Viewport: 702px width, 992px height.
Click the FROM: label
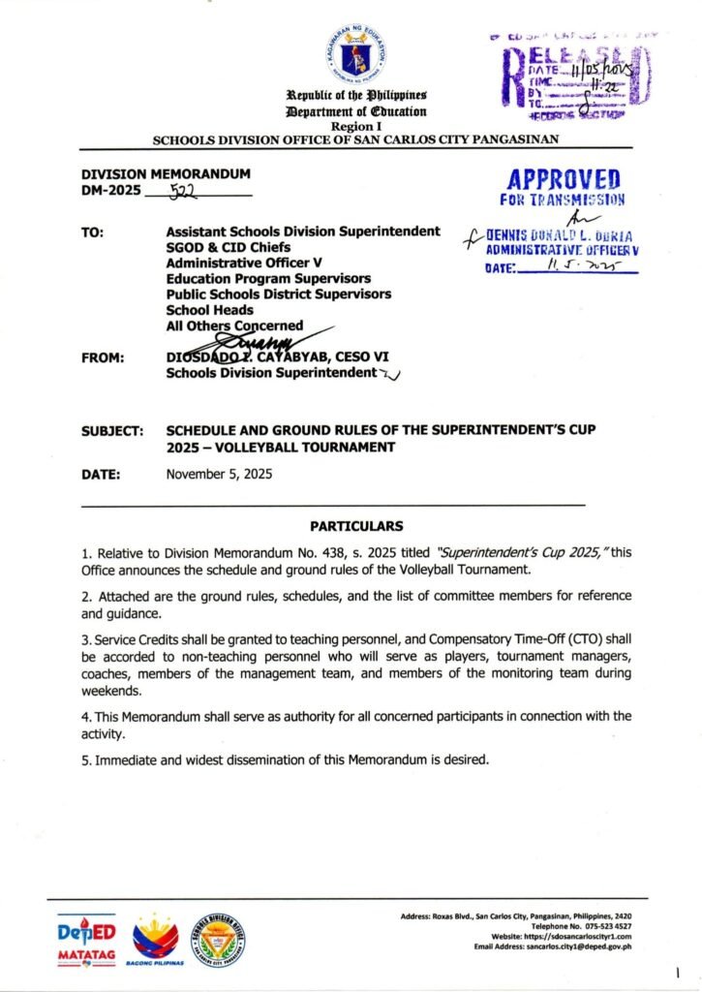click(102, 357)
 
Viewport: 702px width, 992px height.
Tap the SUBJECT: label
click(113, 432)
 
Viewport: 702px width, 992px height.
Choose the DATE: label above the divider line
click(101, 475)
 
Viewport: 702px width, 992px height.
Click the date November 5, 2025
click(219, 475)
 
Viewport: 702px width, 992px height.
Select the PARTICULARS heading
click(355, 527)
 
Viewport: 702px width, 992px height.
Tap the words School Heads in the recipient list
click(210, 310)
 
